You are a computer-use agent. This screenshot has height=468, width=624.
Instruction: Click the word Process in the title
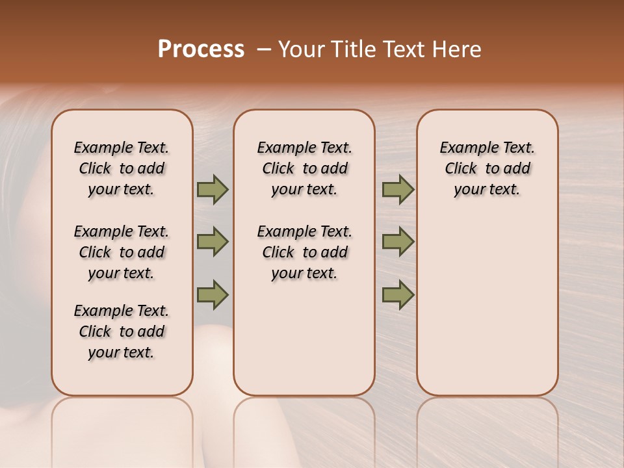(x=201, y=49)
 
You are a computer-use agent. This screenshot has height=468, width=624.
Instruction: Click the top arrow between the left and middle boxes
(x=213, y=189)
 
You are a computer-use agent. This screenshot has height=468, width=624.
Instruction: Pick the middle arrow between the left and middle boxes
(x=213, y=242)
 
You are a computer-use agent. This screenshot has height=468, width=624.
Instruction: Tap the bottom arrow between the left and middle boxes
(x=213, y=294)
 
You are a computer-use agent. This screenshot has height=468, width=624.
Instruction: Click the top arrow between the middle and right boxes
(x=398, y=189)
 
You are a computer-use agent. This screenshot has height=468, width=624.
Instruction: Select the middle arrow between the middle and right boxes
(x=398, y=242)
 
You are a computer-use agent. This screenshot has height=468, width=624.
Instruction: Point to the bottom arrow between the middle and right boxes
(x=398, y=294)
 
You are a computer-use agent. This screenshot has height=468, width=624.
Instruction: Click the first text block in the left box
(x=122, y=168)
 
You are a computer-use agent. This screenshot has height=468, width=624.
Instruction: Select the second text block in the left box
(x=122, y=252)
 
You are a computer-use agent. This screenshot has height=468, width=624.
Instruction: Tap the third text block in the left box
(x=122, y=331)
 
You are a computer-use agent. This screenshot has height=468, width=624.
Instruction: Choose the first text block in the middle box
(x=304, y=168)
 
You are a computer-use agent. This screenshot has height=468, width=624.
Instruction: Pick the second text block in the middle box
(x=304, y=252)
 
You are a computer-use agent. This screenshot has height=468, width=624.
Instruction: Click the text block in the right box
(x=487, y=168)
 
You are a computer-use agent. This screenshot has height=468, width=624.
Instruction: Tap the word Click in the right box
(x=461, y=169)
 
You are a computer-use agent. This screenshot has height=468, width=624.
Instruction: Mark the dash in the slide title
(x=264, y=49)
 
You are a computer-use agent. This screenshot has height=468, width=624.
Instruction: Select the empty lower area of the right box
(x=487, y=305)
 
